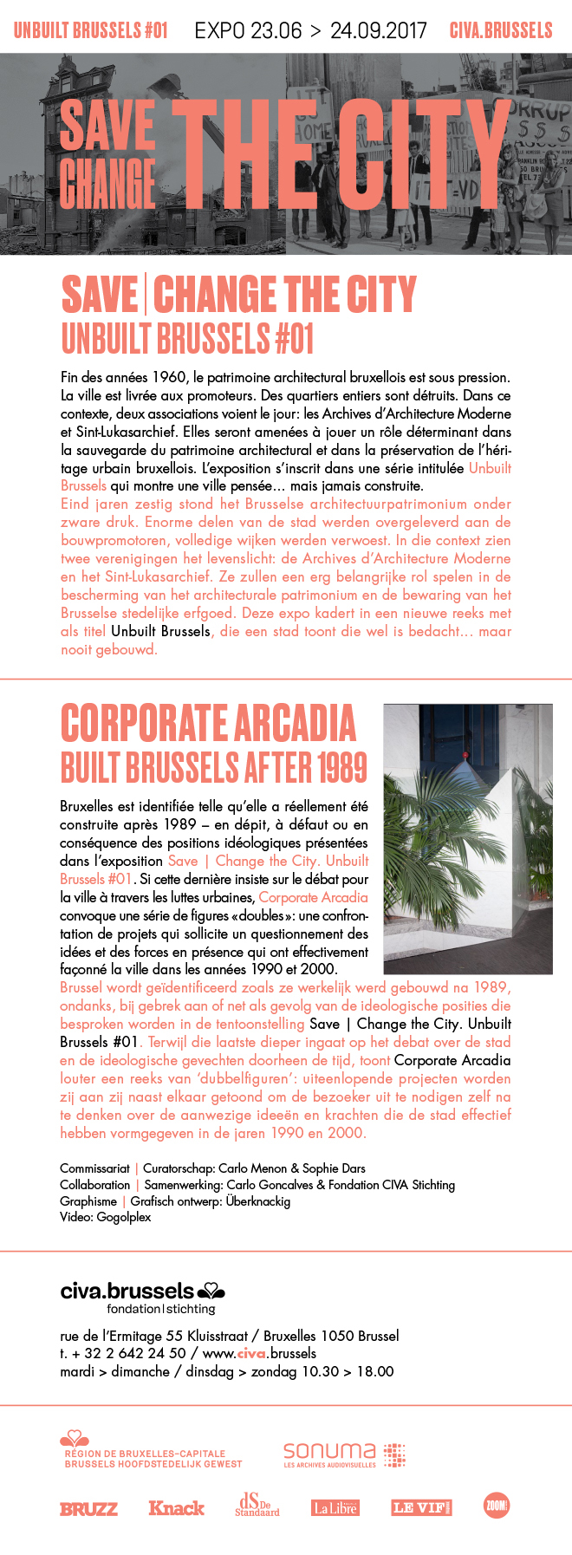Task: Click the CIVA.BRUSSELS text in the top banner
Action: [x=500, y=31]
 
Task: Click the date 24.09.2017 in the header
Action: [x=378, y=31]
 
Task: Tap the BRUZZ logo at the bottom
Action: [x=88, y=1509]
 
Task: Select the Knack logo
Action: [x=176, y=1508]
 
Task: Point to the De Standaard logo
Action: [x=257, y=1505]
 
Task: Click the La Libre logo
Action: [x=335, y=1508]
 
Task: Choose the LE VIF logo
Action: [x=421, y=1508]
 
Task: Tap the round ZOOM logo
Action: [x=496, y=1506]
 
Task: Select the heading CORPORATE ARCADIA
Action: [x=208, y=724]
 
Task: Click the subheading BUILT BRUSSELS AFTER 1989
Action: [x=213, y=768]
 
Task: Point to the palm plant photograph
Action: [x=467, y=838]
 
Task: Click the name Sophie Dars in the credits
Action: [x=334, y=1168]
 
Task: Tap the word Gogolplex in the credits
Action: [x=123, y=1217]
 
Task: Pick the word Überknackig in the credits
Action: [x=257, y=1201]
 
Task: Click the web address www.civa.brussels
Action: [x=259, y=1353]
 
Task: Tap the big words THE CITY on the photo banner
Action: [x=342, y=154]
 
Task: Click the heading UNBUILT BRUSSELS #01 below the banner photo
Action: [x=187, y=339]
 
